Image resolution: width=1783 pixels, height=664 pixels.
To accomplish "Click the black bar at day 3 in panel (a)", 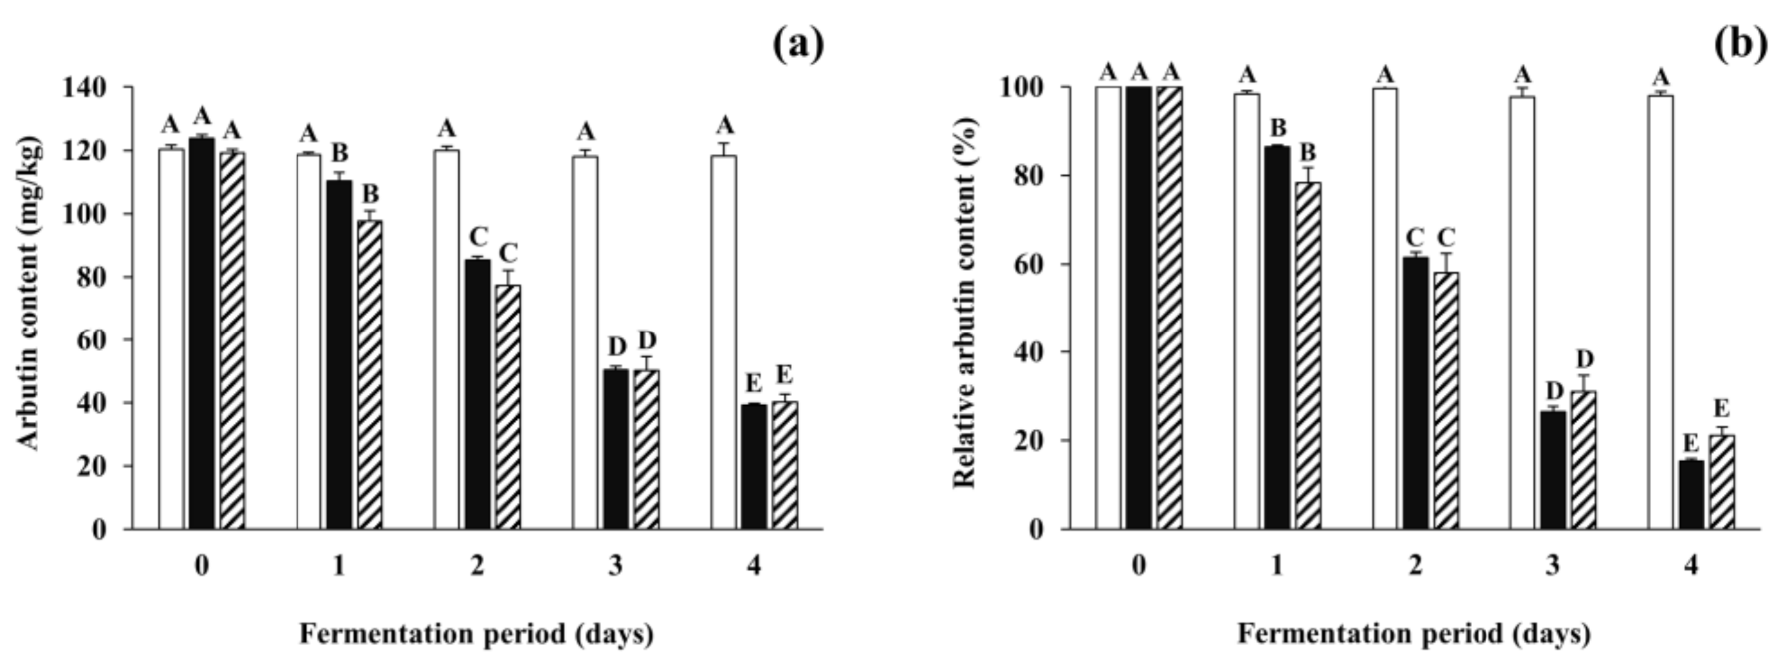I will (616, 449).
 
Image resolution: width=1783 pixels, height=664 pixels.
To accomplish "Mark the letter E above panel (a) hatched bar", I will (784, 375).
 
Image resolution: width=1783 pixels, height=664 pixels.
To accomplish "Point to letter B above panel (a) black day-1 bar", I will (339, 154).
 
